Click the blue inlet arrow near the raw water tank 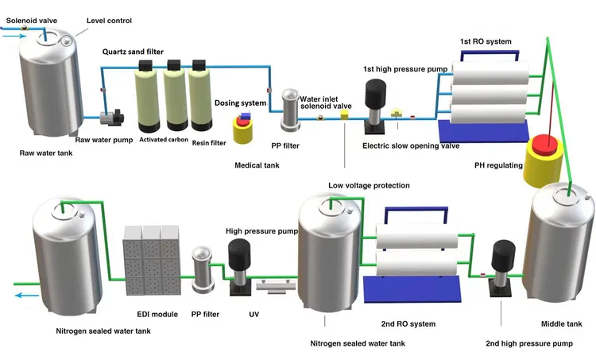(15, 37)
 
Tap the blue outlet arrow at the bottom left (27, 296)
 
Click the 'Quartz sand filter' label (133, 52)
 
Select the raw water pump (112, 118)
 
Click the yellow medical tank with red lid (242, 130)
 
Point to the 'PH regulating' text (498, 165)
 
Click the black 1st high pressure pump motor (375, 94)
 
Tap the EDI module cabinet (152, 261)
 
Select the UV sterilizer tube (276, 285)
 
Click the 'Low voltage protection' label (369, 185)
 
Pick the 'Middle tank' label (561, 324)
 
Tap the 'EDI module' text (157, 315)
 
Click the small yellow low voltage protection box (344, 114)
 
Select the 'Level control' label (109, 21)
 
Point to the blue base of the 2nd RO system (412, 289)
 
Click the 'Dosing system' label (240, 103)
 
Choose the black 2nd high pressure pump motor (503, 255)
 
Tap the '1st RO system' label (486, 41)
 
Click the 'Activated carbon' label (164, 140)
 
